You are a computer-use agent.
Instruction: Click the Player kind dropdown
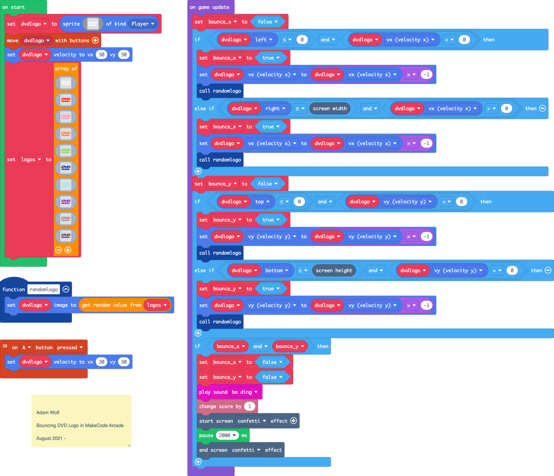[x=143, y=24]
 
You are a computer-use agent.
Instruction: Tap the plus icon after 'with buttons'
[x=95, y=40]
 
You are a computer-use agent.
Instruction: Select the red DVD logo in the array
[x=66, y=100]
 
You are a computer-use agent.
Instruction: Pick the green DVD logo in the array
[x=66, y=151]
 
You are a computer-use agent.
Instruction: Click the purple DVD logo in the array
[x=66, y=202]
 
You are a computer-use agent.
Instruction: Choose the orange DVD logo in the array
[x=66, y=134]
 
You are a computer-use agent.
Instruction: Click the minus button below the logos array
[x=58, y=250]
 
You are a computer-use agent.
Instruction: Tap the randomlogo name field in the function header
[x=44, y=289]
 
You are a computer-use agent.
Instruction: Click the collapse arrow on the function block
[x=66, y=289]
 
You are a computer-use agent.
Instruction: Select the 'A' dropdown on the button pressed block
[x=26, y=347]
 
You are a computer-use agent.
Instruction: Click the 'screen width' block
[x=330, y=109]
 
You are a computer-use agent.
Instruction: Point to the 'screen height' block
[x=334, y=270]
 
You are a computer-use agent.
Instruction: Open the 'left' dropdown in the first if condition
[x=264, y=40]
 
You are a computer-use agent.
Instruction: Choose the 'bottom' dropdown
[x=277, y=270]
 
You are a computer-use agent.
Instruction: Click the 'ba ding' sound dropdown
[x=245, y=392]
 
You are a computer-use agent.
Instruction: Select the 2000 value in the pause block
[x=227, y=435]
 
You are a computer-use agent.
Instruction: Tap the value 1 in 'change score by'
[x=249, y=406]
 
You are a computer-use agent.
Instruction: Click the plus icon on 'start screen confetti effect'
[x=293, y=421]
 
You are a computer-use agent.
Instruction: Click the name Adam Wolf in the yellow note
[x=48, y=412]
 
